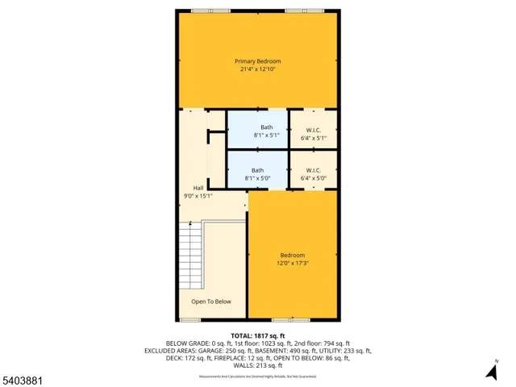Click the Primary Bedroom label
(x=257, y=61)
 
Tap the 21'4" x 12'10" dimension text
(x=257, y=69)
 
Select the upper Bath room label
(x=266, y=127)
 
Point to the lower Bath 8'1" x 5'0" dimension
(x=257, y=178)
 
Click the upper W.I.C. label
(x=313, y=130)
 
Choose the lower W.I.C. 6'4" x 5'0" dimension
(x=313, y=178)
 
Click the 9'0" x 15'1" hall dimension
(x=198, y=194)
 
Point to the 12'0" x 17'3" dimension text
(x=292, y=261)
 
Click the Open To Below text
(x=211, y=302)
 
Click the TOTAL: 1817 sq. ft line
(x=257, y=335)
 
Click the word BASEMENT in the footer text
(x=294, y=351)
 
